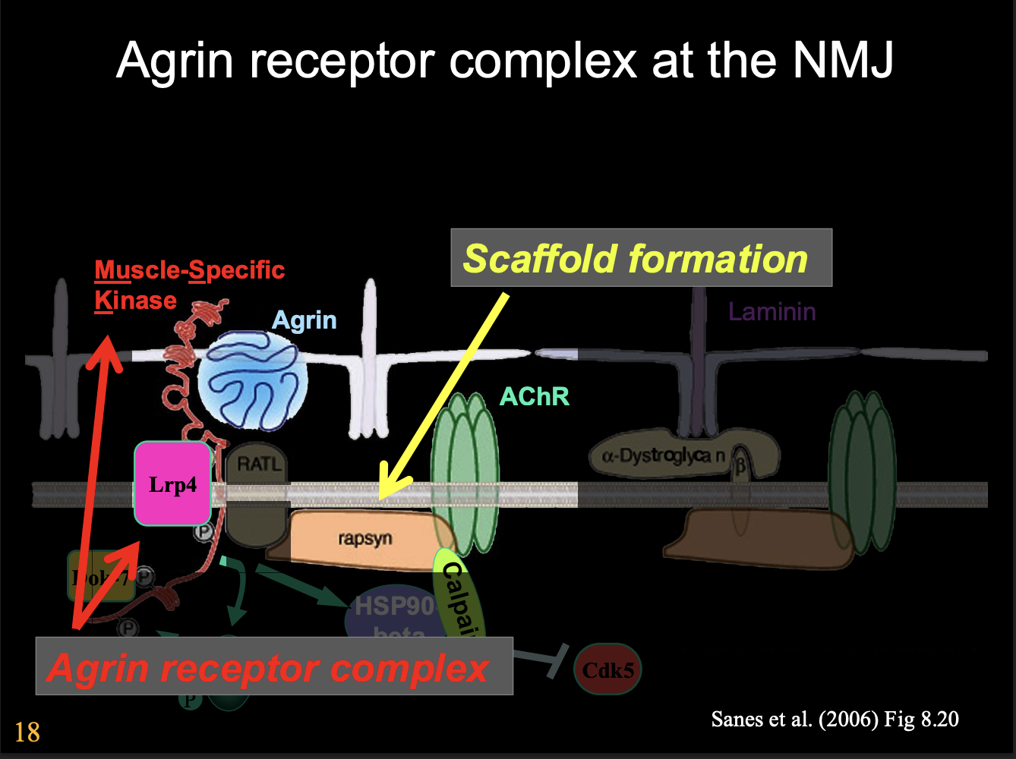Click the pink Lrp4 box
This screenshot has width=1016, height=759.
(x=172, y=483)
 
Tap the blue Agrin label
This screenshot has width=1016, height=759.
(x=304, y=320)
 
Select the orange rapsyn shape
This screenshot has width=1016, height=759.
(x=364, y=539)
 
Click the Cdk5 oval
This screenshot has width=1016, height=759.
(x=607, y=669)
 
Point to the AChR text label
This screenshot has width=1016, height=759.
(x=535, y=396)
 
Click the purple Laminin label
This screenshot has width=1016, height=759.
(x=771, y=311)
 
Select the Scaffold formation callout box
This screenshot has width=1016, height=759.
(x=641, y=258)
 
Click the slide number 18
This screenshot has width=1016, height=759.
(x=27, y=732)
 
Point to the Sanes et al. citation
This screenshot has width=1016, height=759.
(x=834, y=719)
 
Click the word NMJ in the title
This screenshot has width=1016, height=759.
(x=843, y=61)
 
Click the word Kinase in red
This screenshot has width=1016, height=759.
(x=135, y=301)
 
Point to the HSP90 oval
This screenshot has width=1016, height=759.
(x=391, y=611)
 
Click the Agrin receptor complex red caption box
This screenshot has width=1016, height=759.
(x=273, y=666)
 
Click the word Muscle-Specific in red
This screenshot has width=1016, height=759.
(x=189, y=269)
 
